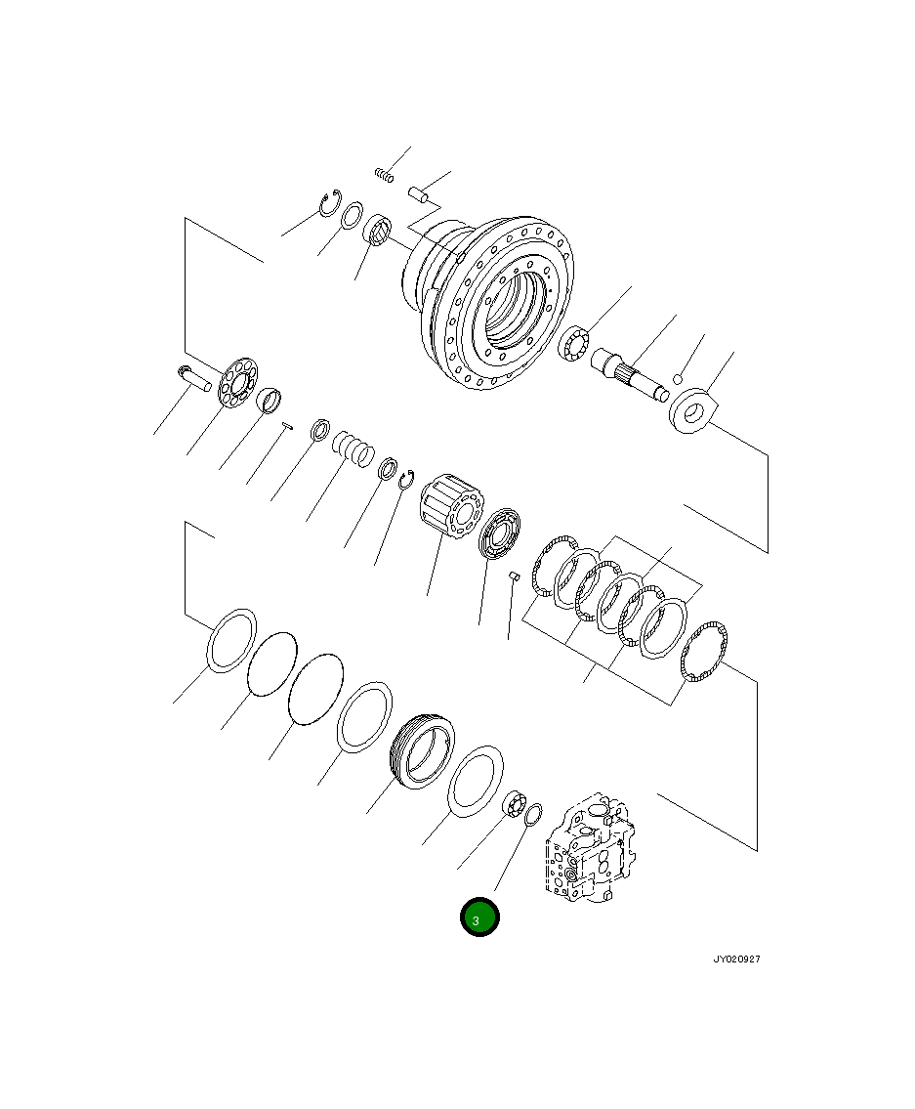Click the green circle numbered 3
click(479, 918)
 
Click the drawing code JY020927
click(735, 959)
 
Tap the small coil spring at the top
click(384, 175)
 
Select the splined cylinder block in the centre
click(451, 505)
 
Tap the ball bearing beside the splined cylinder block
click(503, 533)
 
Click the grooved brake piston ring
click(422, 749)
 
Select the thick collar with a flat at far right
click(692, 410)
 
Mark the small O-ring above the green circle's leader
click(533, 814)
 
